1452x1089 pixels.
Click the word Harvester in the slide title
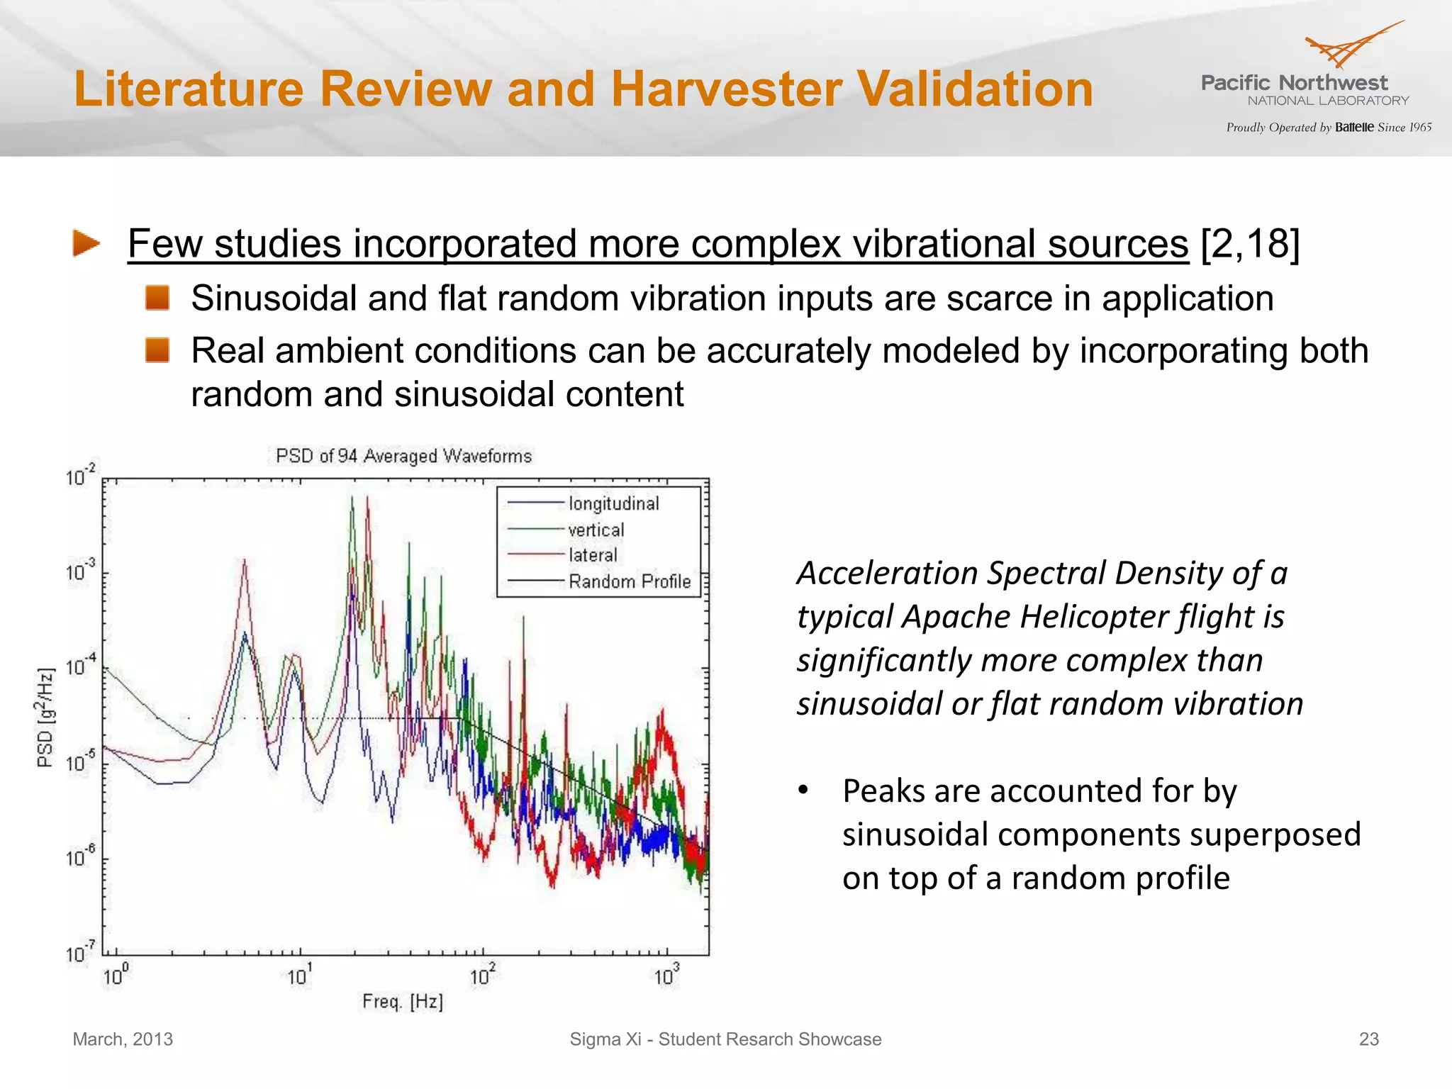[x=726, y=89]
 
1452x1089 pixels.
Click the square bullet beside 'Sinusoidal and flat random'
[x=157, y=298]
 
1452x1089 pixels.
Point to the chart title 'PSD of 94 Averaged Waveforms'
[x=403, y=456]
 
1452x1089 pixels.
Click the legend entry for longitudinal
[x=613, y=503]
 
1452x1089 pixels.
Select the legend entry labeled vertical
[x=596, y=530]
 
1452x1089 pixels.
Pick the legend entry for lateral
[x=593, y=555]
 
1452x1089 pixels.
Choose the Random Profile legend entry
[x=629, y=581]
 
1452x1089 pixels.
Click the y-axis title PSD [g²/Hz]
[x=45, y=717]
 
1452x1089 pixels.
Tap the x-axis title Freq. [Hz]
[x=403, y=1001]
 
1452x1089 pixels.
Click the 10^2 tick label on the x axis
[x=482, y=976]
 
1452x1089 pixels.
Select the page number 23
[x=1368, y=1039]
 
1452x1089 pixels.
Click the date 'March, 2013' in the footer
[x=123, y=1039]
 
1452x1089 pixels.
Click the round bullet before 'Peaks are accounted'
[x=803, y=790]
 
